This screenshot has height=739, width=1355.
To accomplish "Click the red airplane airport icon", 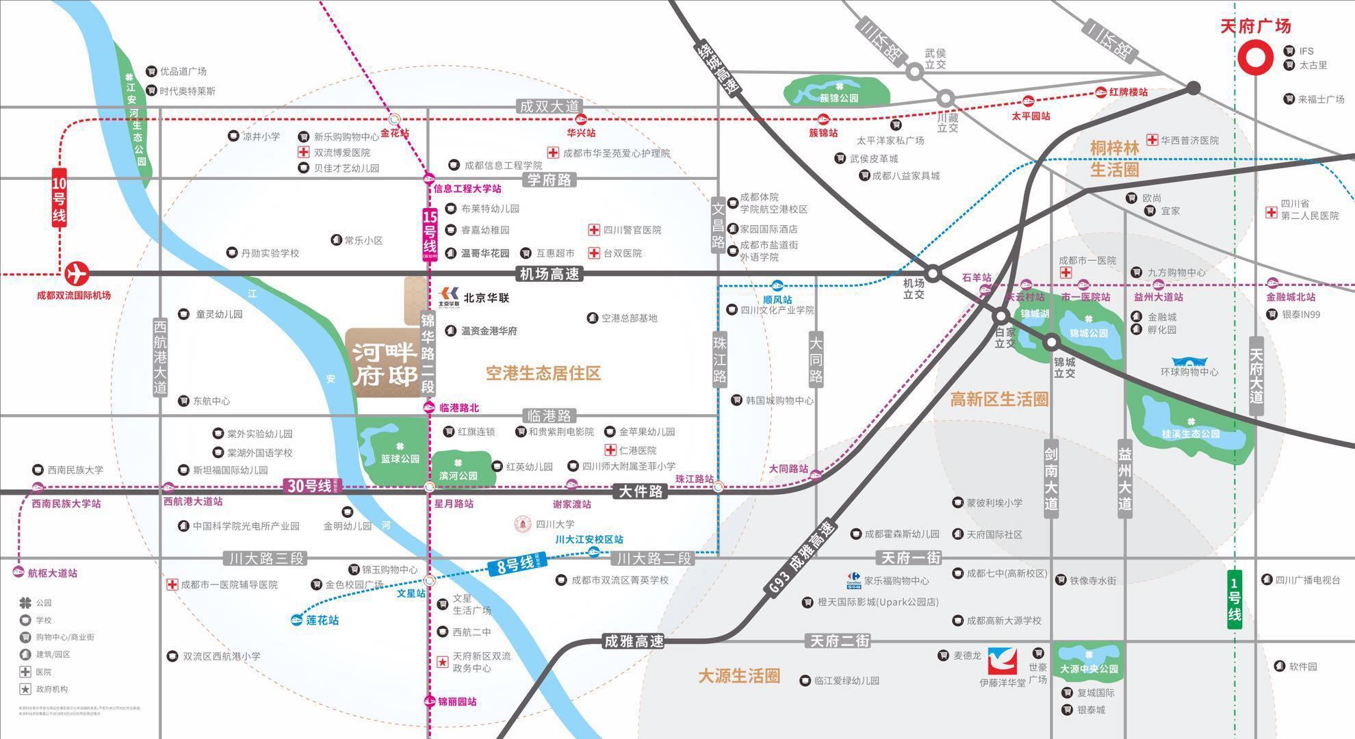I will tap(77, 274).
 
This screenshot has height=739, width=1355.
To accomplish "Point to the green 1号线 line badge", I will tap(1235, 599).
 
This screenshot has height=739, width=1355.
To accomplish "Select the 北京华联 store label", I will tap(485, 298).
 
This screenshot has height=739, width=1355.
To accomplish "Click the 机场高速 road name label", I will tap(549, 274).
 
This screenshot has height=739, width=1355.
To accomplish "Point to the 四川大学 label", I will tap(554, 524).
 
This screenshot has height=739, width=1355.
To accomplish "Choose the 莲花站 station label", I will tap(322, 620).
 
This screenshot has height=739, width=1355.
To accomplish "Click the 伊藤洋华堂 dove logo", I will tap(1002, 661).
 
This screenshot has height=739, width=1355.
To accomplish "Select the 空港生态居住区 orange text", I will tap(543, 374).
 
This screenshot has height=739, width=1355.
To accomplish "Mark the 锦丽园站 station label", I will tap(457, 701).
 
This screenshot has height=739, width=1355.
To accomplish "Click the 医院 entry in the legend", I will tap(43, 672).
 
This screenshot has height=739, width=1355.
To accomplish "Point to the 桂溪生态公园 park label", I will tap(1190, 434).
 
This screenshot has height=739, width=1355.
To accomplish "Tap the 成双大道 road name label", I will tap(549, 106).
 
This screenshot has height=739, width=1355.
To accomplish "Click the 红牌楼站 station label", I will tap(1128, 92).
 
